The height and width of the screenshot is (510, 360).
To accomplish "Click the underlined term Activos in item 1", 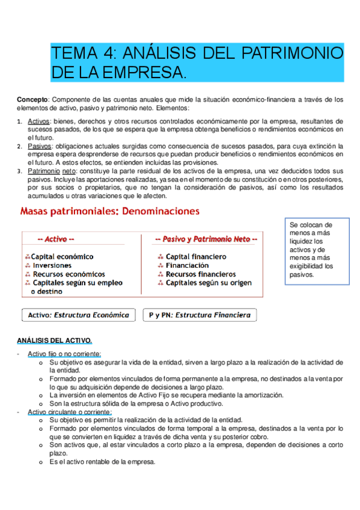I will [x=39, y=121].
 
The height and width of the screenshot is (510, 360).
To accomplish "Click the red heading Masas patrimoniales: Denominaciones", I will [x=110, y=212].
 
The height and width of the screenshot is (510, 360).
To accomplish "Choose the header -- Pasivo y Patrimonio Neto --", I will [x=206, y=239].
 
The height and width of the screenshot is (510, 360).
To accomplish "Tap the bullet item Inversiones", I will [x=52, y=265].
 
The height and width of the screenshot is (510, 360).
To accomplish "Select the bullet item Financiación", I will [x=187, y=265].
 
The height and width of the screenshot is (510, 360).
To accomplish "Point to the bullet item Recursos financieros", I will [x=200, y=274].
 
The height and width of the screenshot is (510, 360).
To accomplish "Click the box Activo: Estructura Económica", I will [x=79, y=315].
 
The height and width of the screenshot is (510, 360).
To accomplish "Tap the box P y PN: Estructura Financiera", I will [x=199, y=315].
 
